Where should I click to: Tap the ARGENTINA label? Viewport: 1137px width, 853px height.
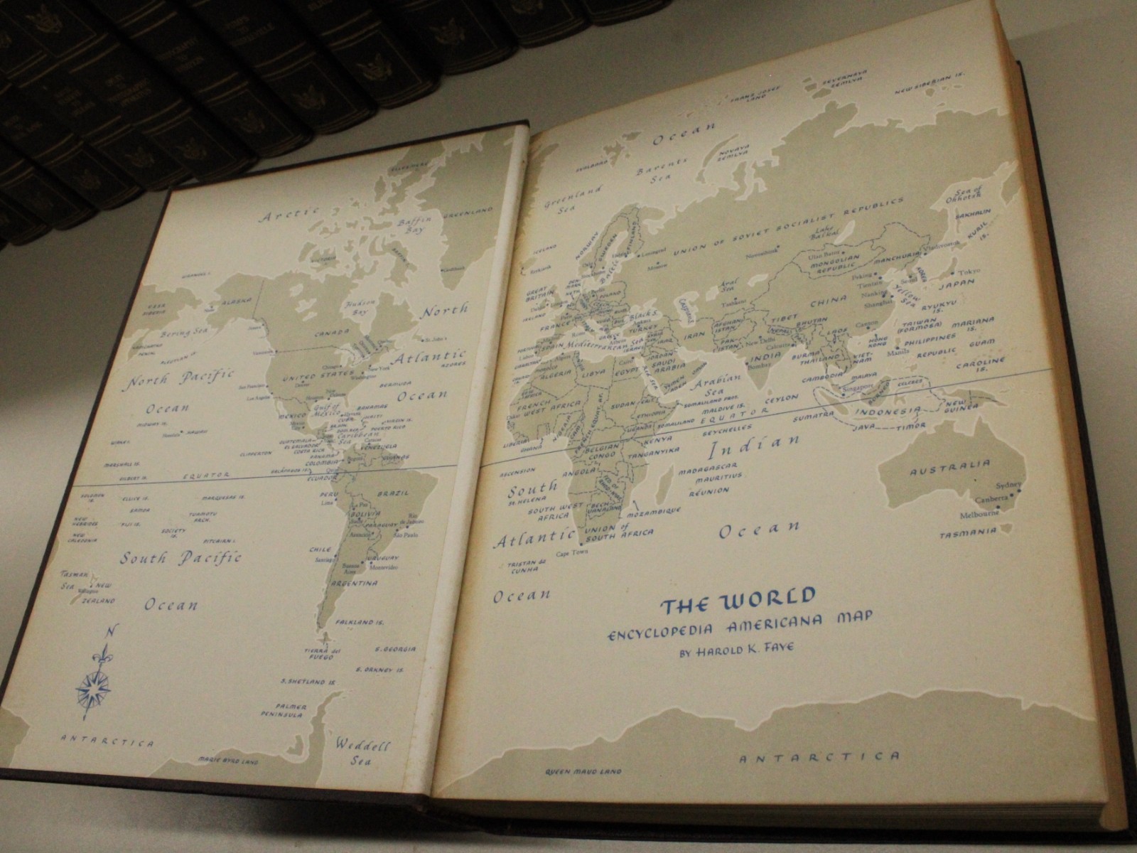[352, 584]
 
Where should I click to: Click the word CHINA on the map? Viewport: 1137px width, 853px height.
[827, 301]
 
